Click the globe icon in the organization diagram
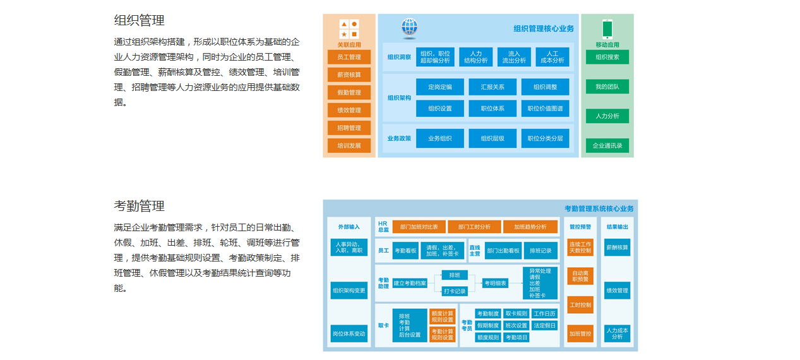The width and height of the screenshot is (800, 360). (x=409, y=28)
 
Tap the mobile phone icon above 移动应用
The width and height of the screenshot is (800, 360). (x=607, y=29)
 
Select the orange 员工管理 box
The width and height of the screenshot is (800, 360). (x=349, y=57)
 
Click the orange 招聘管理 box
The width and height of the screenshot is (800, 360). (x=349, y=128)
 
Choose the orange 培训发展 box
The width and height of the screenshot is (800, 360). (x=349, y=145)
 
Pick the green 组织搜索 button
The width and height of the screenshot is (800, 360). (x=607, y=57)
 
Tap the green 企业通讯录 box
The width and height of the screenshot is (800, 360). (x=607, y=146)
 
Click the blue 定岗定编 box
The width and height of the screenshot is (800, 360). (x=440, y=87)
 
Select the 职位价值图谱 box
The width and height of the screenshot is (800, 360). (x=545, y=109)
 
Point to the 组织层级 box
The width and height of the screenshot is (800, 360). (x=493, y=138)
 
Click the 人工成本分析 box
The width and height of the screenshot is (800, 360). (x=552, y=57)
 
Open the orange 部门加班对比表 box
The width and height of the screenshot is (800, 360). (x=419, y=227)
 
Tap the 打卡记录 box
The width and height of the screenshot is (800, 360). (x=455, y=291)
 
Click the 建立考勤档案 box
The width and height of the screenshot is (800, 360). (x=410, y=283)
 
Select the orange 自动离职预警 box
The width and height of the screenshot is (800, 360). (x=580, y=276)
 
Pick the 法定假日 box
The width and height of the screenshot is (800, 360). (x=544, y=326)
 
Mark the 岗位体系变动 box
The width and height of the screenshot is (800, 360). (x=349, y=333)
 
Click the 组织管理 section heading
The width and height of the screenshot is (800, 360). (x=139, y=20)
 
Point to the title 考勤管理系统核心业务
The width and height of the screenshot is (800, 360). (x=599, y=208)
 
